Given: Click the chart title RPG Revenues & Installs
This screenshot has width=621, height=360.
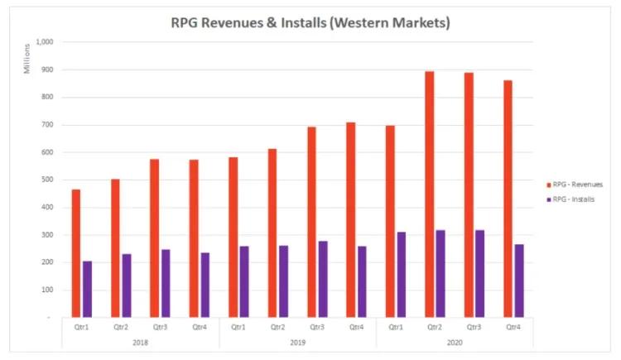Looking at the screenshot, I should point(310,23).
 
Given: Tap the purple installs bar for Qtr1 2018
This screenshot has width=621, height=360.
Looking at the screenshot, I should point(87,289).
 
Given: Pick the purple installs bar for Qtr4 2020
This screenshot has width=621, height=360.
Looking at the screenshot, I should point(518,281).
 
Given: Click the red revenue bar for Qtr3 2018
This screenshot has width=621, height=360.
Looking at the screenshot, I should point(154,238).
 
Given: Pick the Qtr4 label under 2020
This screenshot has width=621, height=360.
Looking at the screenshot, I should point(513,327).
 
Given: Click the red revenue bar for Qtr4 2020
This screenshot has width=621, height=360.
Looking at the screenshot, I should point(507,199).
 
